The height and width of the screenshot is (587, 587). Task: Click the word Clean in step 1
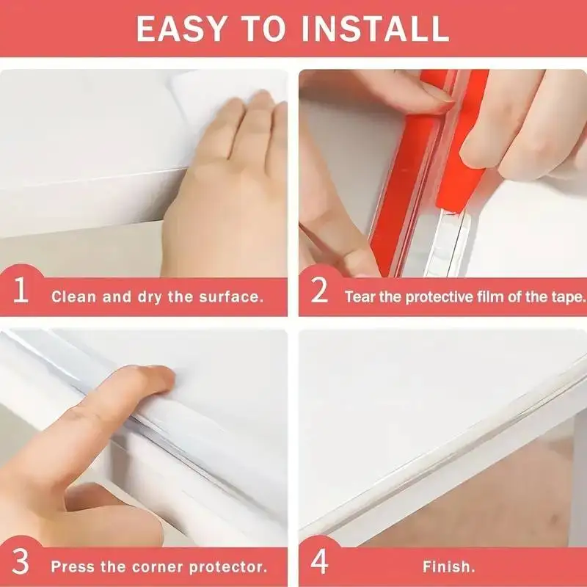point(71,297)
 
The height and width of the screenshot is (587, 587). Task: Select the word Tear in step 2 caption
point(360,297)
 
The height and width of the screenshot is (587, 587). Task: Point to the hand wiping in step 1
point(227,191)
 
